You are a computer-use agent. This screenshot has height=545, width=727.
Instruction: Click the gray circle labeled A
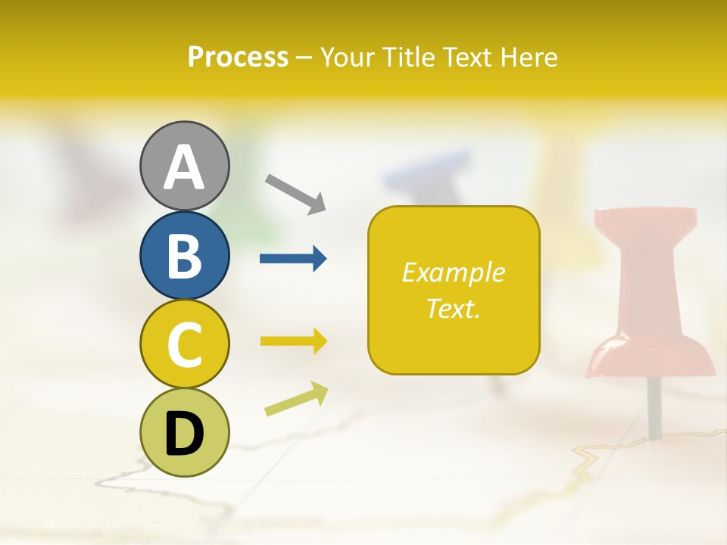(x=184, y=166)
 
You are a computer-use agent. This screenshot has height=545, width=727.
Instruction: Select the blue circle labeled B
(x=184, y=255)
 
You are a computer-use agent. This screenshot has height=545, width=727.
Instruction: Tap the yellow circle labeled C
(x=184, y=344)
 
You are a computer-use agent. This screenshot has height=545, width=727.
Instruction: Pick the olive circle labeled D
(x=184, y=432)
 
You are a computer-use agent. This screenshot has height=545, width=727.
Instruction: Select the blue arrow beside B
(x=293, y=259)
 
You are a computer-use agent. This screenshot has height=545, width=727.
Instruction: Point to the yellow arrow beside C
(x=293, y=341)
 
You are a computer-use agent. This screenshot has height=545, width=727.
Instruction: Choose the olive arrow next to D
(x=296, y=399)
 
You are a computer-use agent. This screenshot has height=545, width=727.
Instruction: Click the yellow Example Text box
(x=454, y=290)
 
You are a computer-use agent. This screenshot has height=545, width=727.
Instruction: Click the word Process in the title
(x=238, y=57)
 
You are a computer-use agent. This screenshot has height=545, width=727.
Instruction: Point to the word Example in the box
(x=453, y=272)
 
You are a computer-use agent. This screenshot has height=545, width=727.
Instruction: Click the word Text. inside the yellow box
(x=453, y=308)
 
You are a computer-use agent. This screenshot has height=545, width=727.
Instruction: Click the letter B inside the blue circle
(x=184, y=256)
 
